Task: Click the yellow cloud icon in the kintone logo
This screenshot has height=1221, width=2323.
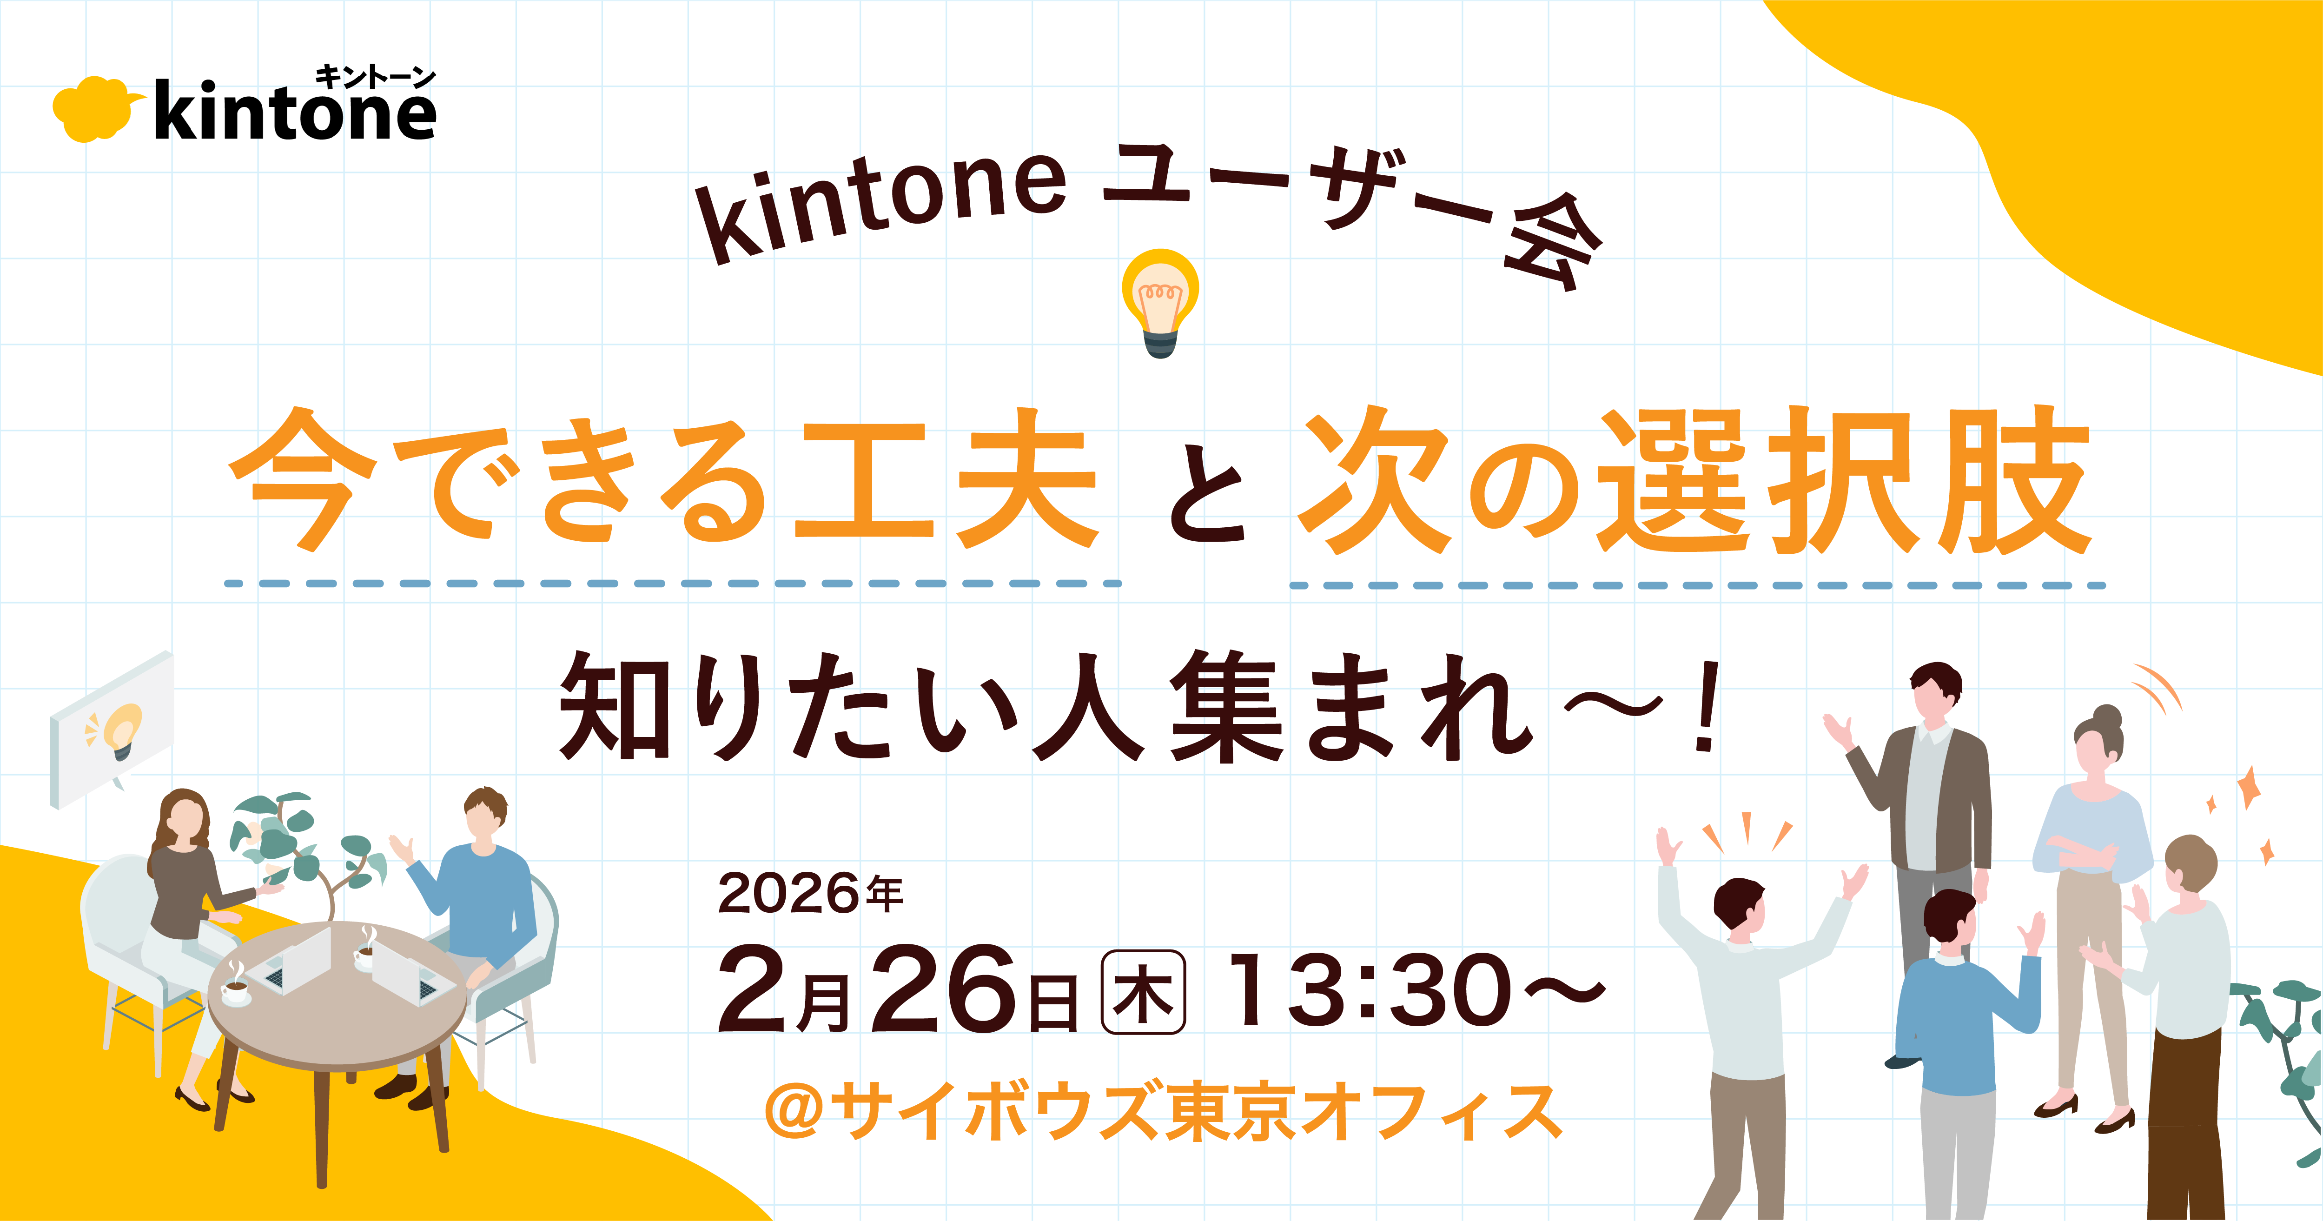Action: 95,110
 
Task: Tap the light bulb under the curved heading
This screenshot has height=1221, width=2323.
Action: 1161,302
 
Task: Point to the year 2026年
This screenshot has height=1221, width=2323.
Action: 810,894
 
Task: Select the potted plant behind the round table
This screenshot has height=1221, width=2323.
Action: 307,848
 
